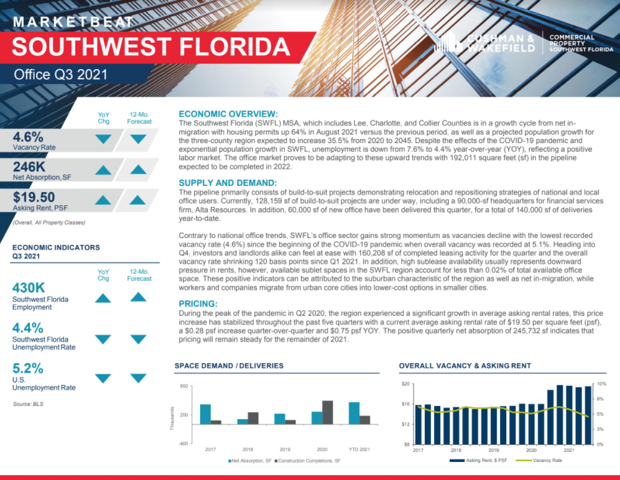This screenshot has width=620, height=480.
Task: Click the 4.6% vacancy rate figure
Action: [x=28, y=136]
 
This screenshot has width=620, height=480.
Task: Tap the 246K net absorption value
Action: [x=31, y=166]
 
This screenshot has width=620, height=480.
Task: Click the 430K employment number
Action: [x=29, y=288]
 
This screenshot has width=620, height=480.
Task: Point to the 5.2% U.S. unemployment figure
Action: [x=28, y=368]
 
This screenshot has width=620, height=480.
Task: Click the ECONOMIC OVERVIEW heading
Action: [x=228, y=114]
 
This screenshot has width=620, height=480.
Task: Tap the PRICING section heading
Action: [x=198, y=304]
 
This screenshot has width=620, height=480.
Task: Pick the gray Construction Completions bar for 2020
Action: [x=327, y=412]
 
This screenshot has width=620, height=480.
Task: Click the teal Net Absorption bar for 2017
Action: [x=205, y=414]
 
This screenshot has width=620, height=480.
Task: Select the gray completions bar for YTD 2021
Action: [x=365, y=420]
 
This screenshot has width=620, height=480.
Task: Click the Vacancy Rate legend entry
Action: [x=544, y=461]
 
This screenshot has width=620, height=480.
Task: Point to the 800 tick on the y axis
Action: [x=183, y=387]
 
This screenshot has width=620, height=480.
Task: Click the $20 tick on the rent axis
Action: [x=405, y=384]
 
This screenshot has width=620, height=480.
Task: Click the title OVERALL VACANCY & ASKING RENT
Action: [x=465, y=366]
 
